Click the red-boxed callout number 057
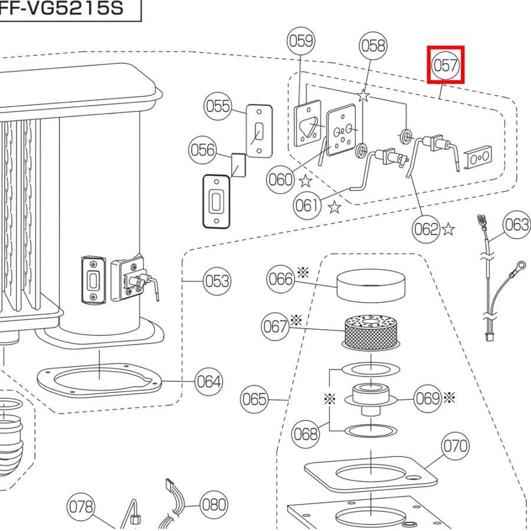(445, 65)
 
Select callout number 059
(301, 41)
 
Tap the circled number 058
(373, 46)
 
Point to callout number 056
(202, 151)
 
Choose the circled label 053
(216, 280)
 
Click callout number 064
(209, 382)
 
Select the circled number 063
(517, 225)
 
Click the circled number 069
(428, 398)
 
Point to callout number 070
(455, 446)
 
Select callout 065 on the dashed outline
(254, 400)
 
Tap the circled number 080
(213, 504)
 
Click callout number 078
(81, 506)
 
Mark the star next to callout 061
(335, 206)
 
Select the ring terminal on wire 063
(520, 267)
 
